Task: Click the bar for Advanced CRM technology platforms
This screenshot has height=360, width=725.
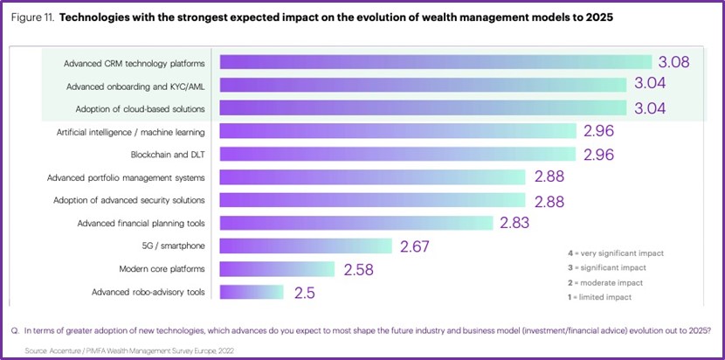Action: pos(435,63)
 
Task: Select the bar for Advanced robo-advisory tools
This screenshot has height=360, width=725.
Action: pos(252,292)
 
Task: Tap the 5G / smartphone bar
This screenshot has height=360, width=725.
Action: pos(306,246)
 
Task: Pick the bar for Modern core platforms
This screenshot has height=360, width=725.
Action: pos(277,268)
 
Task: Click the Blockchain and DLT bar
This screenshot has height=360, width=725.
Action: pos(397,155)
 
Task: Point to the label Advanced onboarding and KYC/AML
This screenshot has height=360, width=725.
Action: pos(136,86)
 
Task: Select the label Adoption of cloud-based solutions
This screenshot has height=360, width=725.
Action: pos(135,108)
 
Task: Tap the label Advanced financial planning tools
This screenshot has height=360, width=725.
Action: pos(141,223)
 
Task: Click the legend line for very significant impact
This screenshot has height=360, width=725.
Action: pos(615,253)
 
